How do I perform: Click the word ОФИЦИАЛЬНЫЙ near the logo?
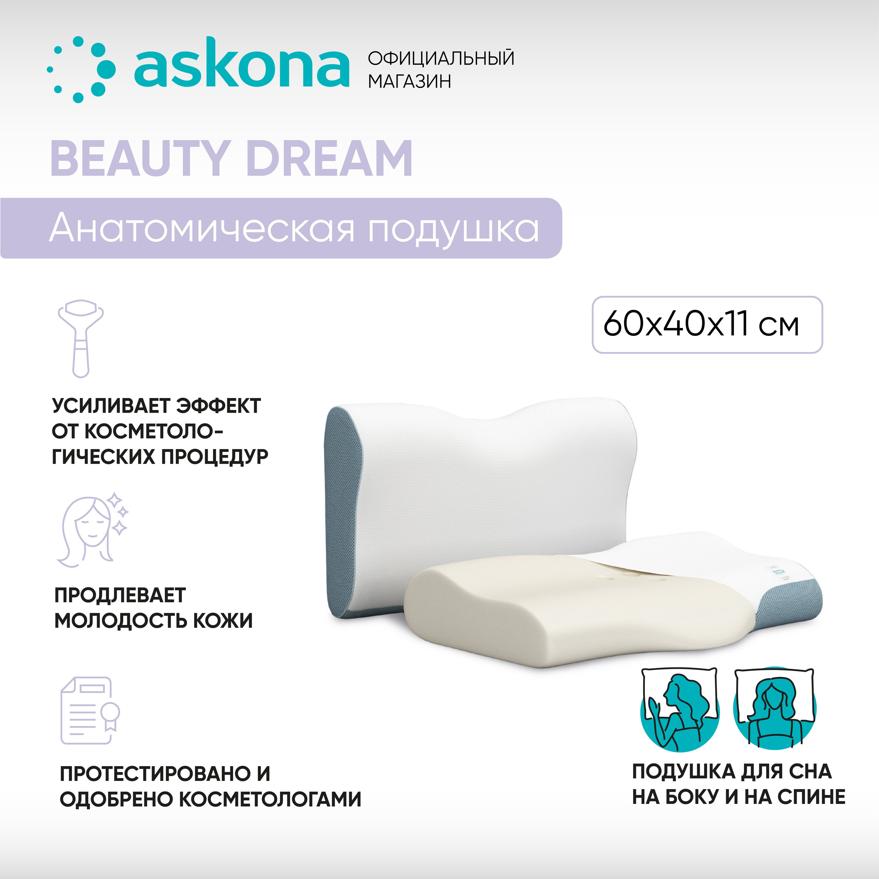tap(441, 58)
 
